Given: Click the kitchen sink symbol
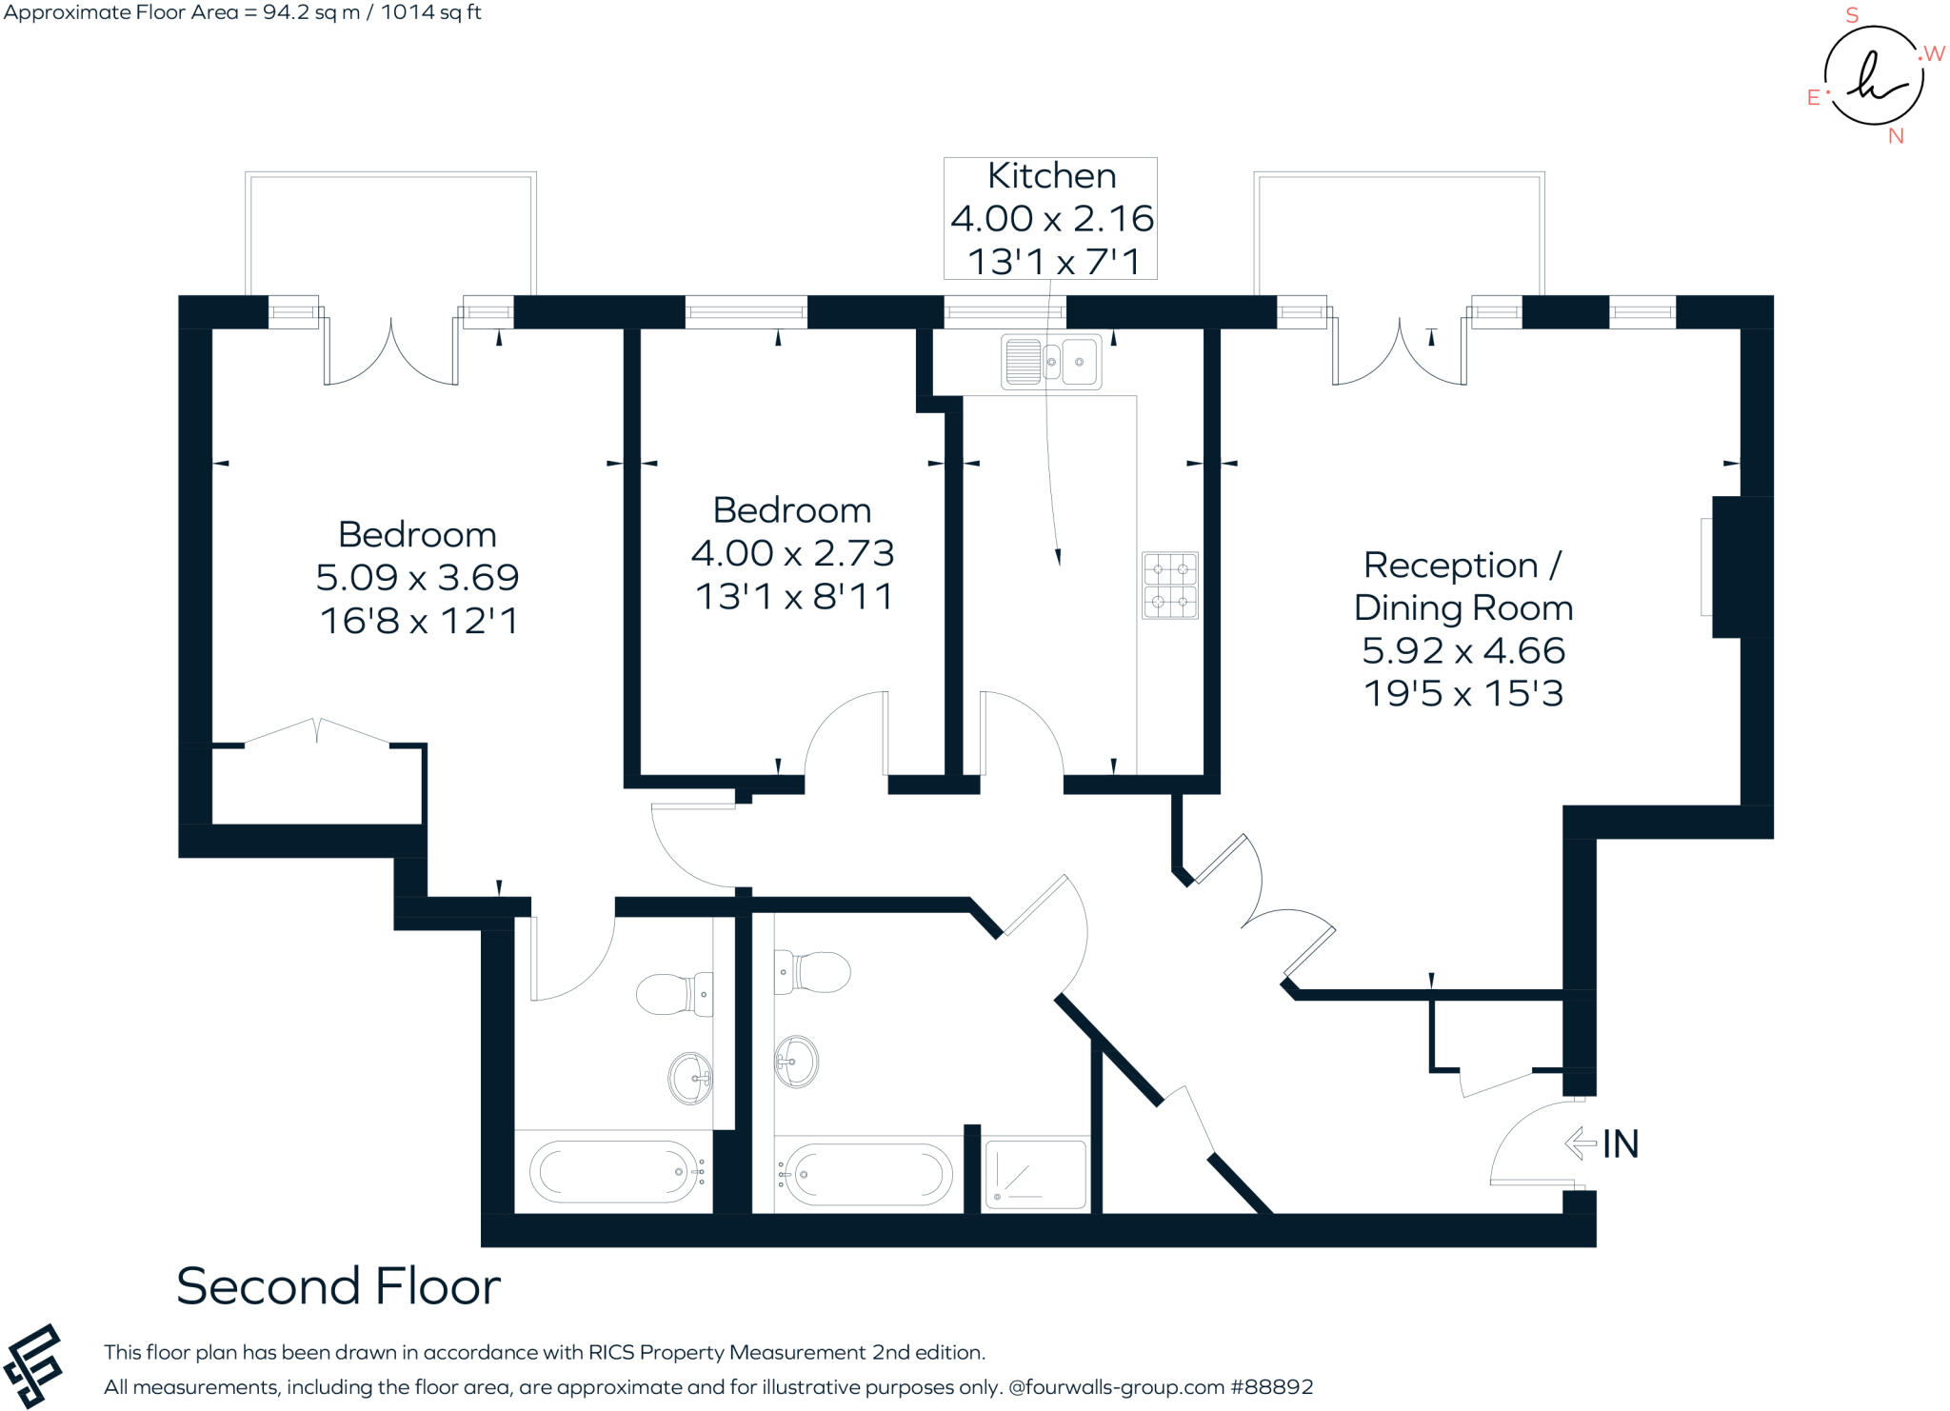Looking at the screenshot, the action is (x=1051, y=362).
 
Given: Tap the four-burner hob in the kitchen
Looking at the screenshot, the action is (x=1170, y=586).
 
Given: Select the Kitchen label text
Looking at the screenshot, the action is (x=1051, y=176).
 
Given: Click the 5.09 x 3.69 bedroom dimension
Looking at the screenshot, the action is (x=417, y=577).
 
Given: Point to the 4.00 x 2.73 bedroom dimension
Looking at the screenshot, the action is (x=792, y=553).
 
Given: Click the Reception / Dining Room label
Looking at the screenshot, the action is (x=1462, y=586).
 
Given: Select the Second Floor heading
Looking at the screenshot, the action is (x=338, y=1286).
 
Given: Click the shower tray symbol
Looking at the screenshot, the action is (x=1035, y=1175).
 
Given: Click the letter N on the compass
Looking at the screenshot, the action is (x=1896, y=136).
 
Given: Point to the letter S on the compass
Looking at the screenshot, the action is (x=1852, y=15).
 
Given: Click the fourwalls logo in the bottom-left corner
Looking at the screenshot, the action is (x=32, y=1365).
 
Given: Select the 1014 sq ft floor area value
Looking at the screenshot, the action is (x=431, y=12).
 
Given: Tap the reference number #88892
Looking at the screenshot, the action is (x=1272, y=1387).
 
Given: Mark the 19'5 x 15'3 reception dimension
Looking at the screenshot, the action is (x=1462, y=693).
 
